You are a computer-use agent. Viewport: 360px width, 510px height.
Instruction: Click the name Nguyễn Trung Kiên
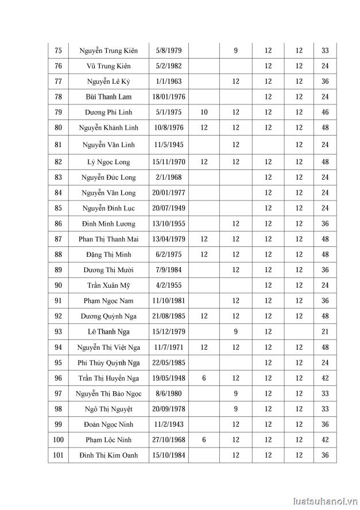coord(109,51)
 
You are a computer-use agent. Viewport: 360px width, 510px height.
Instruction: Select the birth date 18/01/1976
coord(168,96)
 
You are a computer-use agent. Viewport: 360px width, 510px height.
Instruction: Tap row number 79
coord(58,112)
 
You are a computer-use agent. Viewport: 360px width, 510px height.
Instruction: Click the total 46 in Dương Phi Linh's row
coord(325,112)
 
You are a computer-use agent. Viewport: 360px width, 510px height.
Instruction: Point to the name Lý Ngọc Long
coord(109,163)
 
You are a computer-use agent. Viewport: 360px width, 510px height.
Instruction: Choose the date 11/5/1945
coord(168,145)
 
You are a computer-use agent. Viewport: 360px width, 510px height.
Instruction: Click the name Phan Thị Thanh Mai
coord(109,239)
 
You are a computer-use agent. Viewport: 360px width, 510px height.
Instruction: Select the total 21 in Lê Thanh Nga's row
coord(325,331)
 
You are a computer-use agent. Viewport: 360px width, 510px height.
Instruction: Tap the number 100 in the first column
coord(58,440)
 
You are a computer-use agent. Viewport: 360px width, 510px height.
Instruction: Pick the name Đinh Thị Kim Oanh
coord(109,455)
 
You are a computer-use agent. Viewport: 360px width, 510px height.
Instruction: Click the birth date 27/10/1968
coord(168,440)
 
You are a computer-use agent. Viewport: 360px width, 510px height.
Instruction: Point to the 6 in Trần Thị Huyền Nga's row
coord(204,378)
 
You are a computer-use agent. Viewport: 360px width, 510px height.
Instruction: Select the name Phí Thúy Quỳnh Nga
coord(109,362)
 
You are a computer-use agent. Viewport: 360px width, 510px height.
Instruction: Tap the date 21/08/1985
coord(168,316)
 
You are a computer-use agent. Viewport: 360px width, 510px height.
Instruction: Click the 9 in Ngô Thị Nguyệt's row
coord(235,409)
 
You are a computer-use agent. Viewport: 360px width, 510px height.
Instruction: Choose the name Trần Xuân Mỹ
coord(109,285)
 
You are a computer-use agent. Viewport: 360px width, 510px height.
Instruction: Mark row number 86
coord(58,223)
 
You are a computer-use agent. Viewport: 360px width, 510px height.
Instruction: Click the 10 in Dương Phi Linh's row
coord(204,112)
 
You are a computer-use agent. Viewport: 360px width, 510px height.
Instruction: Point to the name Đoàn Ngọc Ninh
coord(109,424)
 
